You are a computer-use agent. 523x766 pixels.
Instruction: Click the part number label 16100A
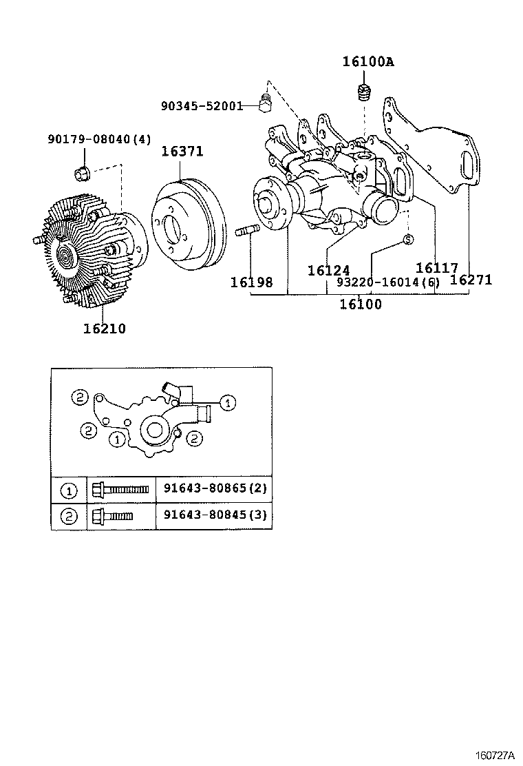point(368,61)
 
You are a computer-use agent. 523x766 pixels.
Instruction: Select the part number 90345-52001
point(202,106)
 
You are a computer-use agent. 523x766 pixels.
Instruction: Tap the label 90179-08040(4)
point(98,139)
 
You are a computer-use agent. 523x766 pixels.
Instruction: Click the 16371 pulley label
point(182,152)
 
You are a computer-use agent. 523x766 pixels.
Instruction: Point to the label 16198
point(251,282)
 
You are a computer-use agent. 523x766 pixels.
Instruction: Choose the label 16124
point(328,271)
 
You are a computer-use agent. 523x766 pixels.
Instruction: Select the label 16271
point(471,279)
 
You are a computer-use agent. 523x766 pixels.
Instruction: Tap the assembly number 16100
point(360,304)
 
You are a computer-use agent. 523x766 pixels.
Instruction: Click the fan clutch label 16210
point(105,329)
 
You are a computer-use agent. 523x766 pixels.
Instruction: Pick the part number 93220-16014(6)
point(388,282)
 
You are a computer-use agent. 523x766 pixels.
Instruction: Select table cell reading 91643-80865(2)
point(214,489)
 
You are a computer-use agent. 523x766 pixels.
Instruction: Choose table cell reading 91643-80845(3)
point(214,515)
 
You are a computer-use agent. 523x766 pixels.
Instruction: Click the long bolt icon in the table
point(120,490)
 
